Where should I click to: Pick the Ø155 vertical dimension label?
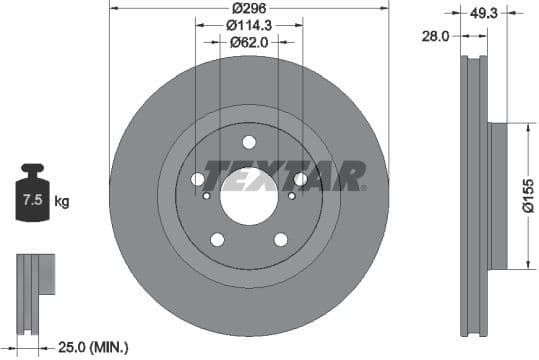point(527,196)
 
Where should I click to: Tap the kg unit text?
point(62,202)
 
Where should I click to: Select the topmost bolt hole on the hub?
point(249,141)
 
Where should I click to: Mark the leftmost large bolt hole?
point(198,179)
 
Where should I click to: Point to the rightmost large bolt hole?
point(299,179)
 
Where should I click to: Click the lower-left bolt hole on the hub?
point(217,238)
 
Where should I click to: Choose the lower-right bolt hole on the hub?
point(280,238)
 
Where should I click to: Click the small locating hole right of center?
point(289,195)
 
